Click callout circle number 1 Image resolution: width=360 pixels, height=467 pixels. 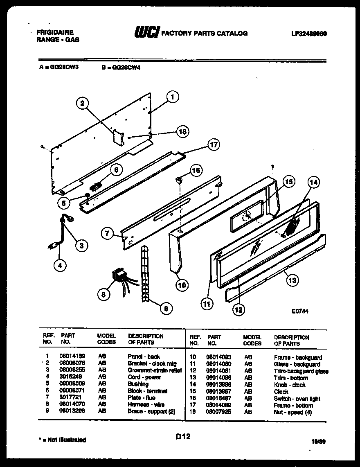(173, 97)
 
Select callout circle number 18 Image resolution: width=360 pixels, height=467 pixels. (183, 131)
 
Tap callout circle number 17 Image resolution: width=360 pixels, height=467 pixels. (213, 144)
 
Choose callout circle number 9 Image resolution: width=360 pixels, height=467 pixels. (166, 309)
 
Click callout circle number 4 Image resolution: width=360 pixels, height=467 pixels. (60, 265)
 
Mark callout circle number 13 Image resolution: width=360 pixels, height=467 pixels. (292, 280)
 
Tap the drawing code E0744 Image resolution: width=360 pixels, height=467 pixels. (300, 311)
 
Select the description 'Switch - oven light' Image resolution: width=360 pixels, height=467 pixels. (297, 398)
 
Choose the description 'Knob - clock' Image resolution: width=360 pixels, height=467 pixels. (290, 385)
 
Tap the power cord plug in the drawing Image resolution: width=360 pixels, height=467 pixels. (52, 246)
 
